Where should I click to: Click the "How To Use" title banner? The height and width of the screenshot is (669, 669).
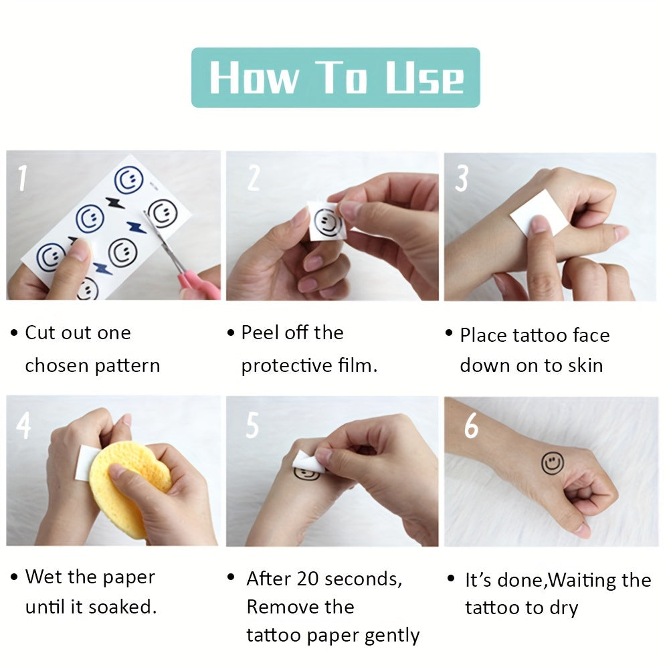click(335, 77)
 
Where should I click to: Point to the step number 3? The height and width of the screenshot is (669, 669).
click(462, 179)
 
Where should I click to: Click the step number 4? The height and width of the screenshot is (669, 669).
click(23, 425)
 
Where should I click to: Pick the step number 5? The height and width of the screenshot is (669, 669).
click(253, 425)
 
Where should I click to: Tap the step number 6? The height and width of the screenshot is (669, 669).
click(472, 425)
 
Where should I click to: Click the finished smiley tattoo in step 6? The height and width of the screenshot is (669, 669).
click(553, 464)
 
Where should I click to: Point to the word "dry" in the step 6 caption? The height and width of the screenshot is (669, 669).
click(563, 608)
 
